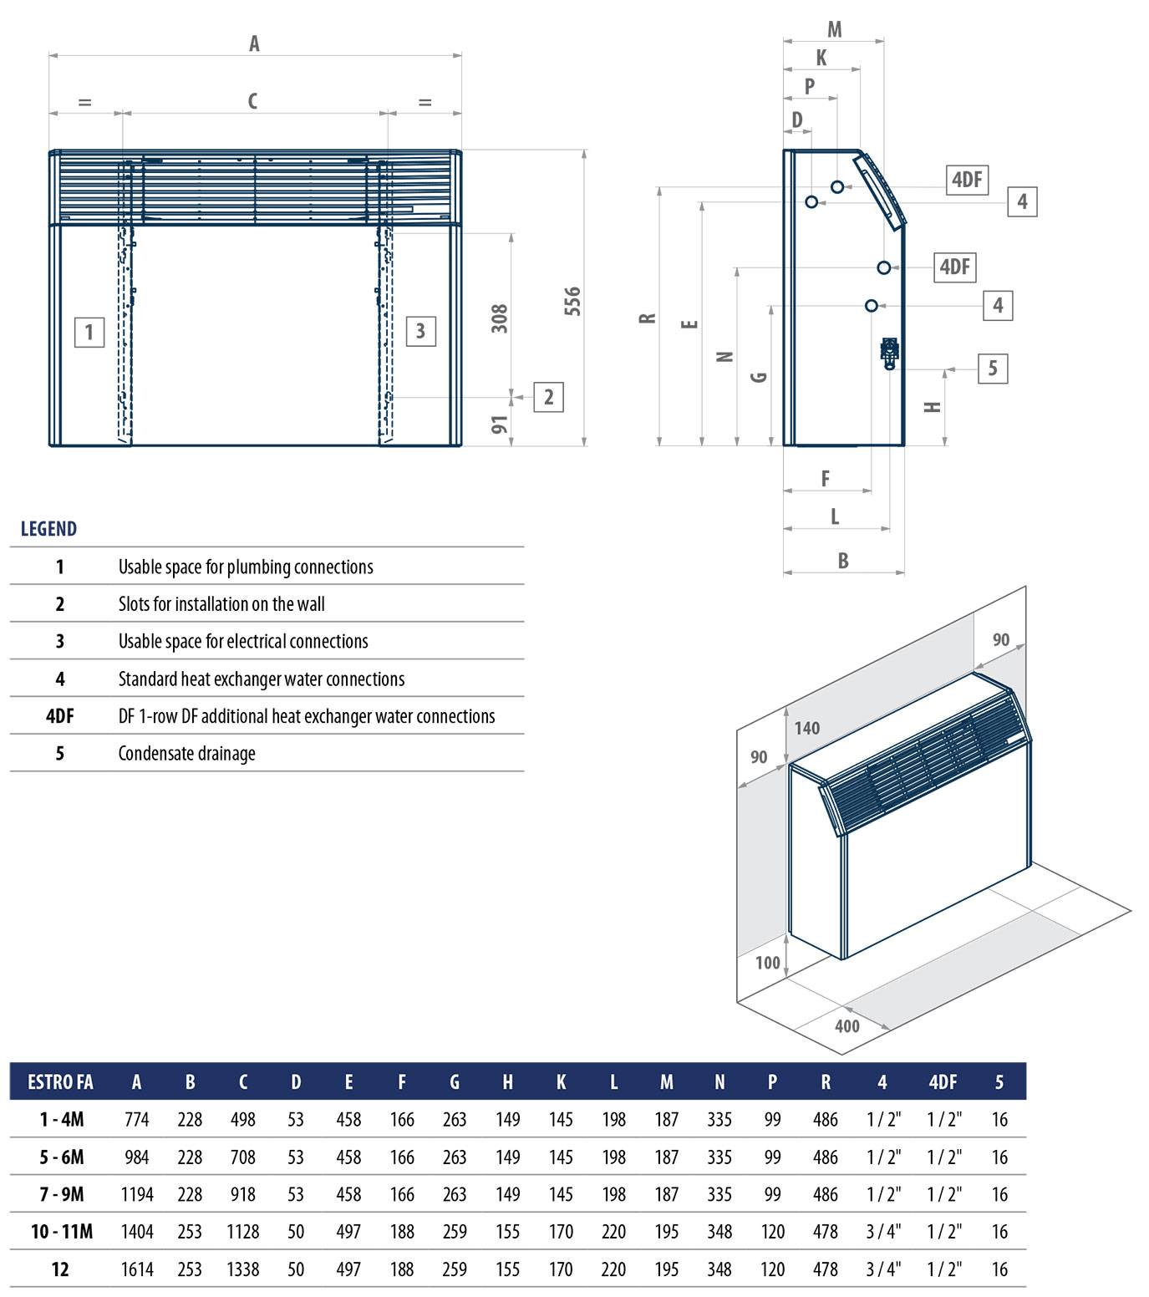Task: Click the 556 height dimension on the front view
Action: click(x=572, y=302)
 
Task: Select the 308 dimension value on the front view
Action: click(x=500, y=318)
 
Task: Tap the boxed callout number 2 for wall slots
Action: click(x=548, y=397)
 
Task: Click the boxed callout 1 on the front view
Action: click(x=89, y=333)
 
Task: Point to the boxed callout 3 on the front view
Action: click(x=420, y=332)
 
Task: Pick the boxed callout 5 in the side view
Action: click(x=993, y=369)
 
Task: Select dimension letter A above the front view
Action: click(x=254, y=43)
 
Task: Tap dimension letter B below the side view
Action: click(x=843, y=561)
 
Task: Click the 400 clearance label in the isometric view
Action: click(x=846, y=1026)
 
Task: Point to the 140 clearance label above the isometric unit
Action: click(x=807, y=728)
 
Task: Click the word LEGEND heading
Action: click(x=48, y=529)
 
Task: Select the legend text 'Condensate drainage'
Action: click(x=187, y=753)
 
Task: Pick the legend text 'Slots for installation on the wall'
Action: click(x=221, y=604)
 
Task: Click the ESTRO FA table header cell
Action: click(x=60, y=1082)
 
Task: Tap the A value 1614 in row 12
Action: click(x=137, y=1269)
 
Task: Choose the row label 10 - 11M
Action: click(x=62, y=1231)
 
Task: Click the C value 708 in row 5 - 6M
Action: click(x=243, y=1157)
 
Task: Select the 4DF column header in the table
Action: click(x=943, y=1082)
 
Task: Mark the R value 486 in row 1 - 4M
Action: click(x=826, y=1120)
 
